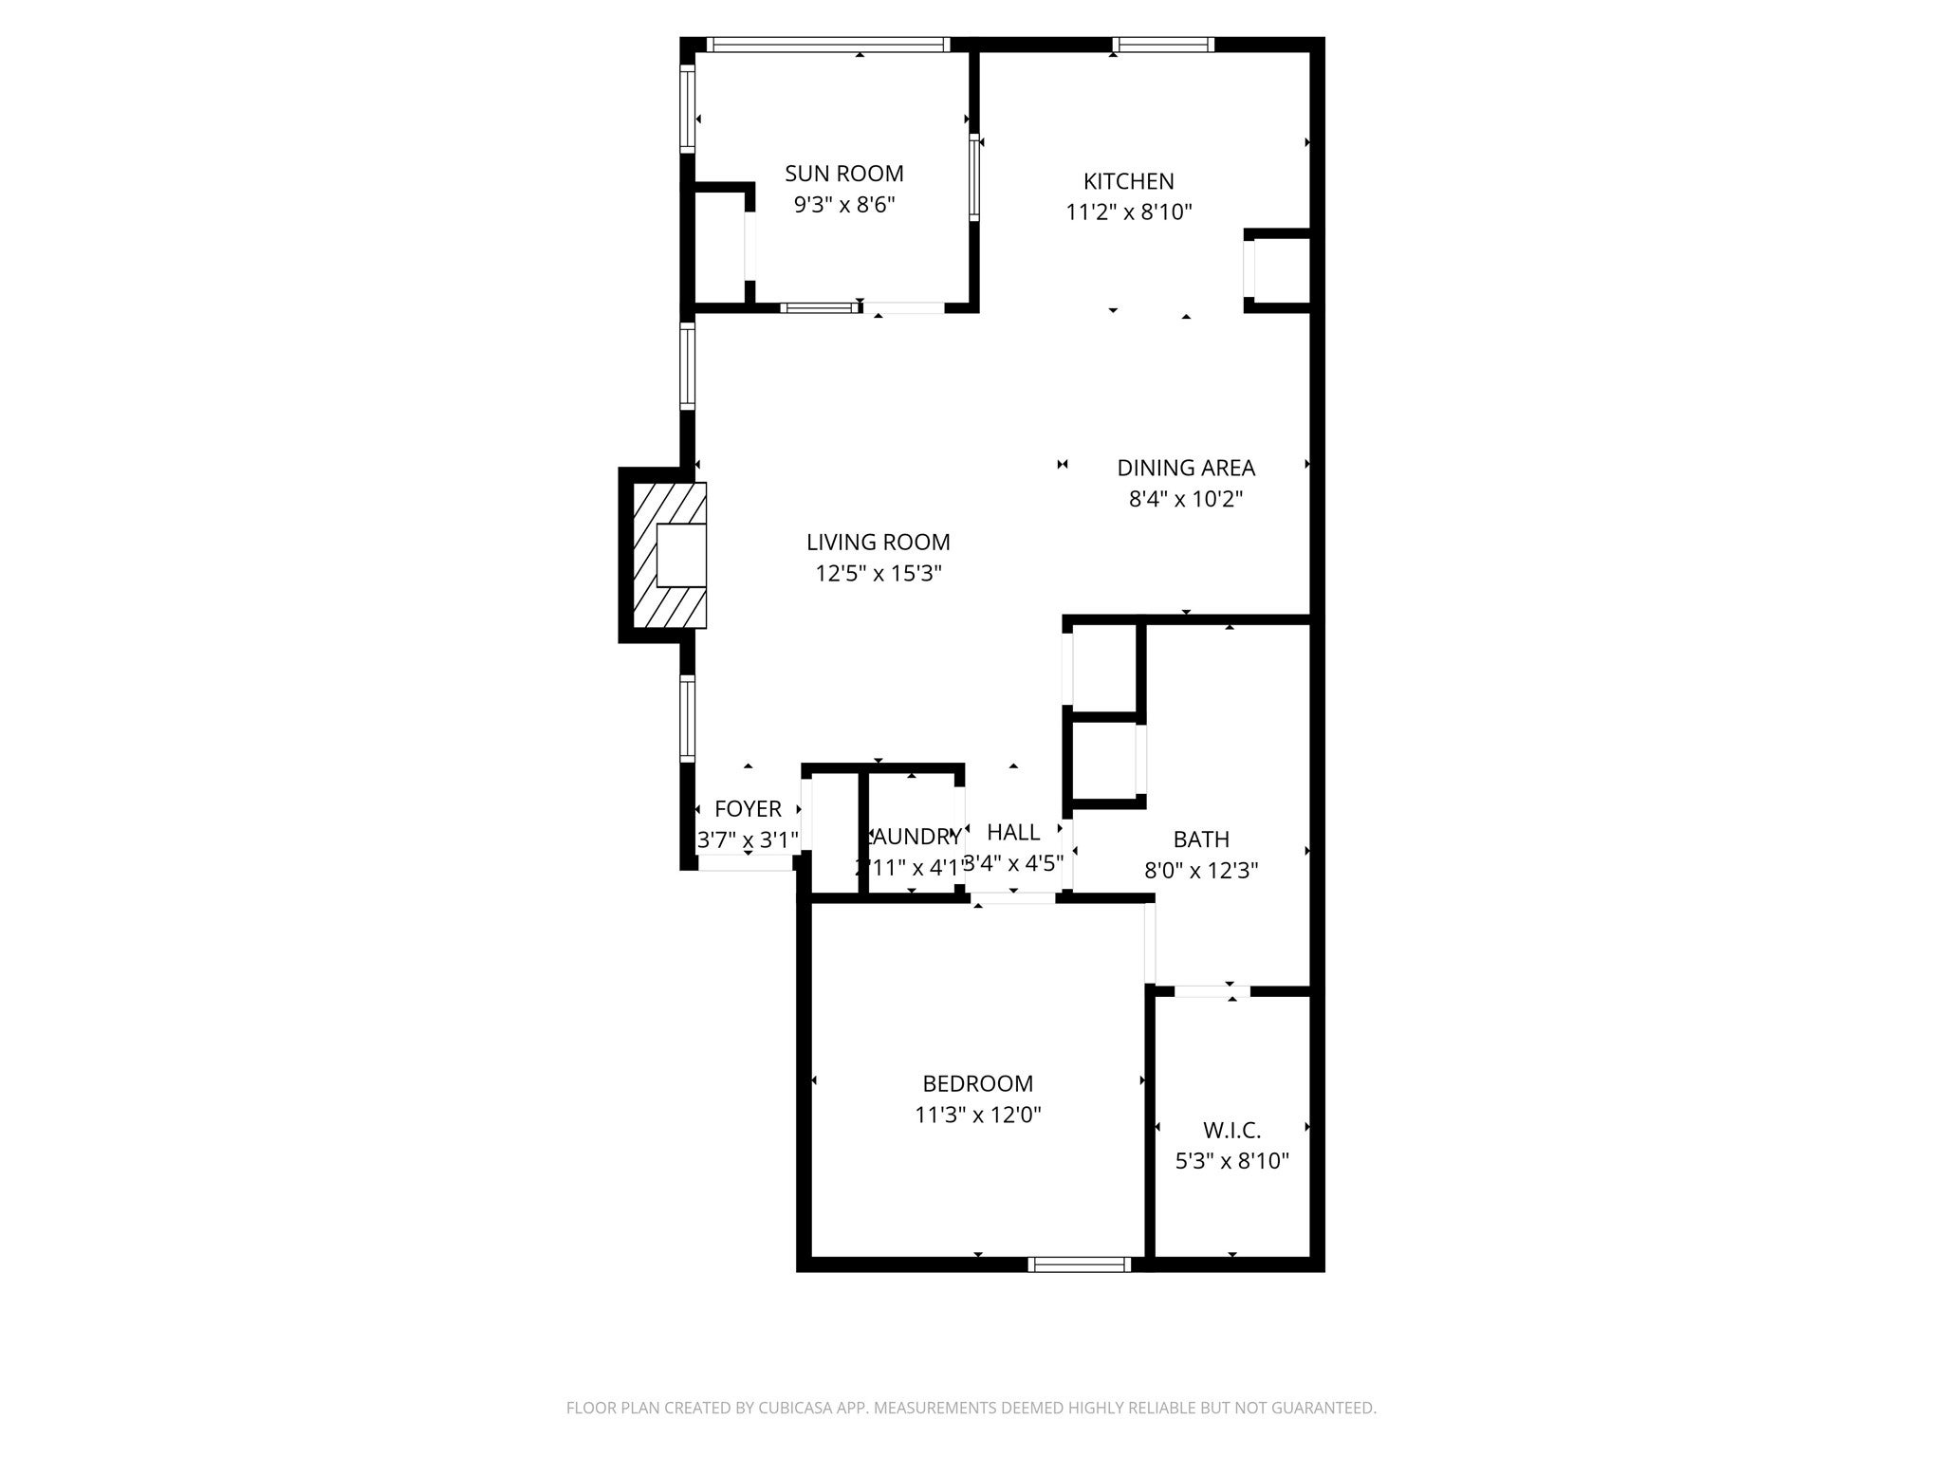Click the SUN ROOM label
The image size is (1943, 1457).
843,174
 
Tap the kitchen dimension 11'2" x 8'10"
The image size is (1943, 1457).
1128,212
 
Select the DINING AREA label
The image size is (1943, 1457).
1185,468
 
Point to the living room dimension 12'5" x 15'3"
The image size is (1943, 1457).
878,573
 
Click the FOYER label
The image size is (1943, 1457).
748,809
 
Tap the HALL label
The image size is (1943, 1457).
1013,832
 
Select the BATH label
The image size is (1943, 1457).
1201,839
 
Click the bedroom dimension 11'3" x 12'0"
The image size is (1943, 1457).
977,1115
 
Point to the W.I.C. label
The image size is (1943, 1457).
1231,1131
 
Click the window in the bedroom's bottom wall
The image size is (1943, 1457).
1080,1263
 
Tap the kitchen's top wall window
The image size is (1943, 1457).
1163,45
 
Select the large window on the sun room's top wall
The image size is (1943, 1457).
827,45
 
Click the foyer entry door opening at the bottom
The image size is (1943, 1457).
747,862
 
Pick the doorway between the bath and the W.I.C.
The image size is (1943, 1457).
1212,991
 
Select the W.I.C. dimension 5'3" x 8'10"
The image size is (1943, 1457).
1231,1161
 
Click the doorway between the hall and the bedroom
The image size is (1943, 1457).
1013,898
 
